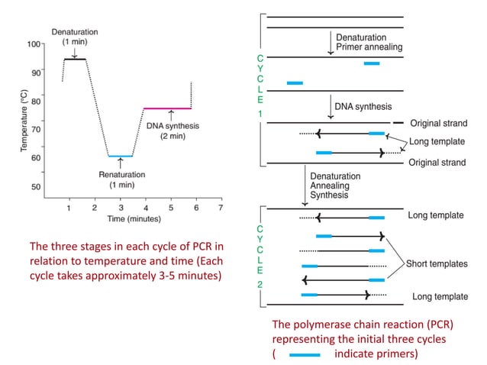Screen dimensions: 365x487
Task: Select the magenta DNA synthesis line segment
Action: [x=167, y=108]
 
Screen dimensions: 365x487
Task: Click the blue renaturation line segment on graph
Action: [x=120, y=156]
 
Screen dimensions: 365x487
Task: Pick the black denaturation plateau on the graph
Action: [x=75, y=59]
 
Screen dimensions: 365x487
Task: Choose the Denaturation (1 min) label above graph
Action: [x=74, y=36]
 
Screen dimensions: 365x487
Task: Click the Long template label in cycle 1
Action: [x=435, y=141]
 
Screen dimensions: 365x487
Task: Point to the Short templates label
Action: [x=437, y=263]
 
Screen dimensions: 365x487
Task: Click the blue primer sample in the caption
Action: [x=305, y=355]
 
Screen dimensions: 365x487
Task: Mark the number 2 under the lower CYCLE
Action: [x=260, y=284]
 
